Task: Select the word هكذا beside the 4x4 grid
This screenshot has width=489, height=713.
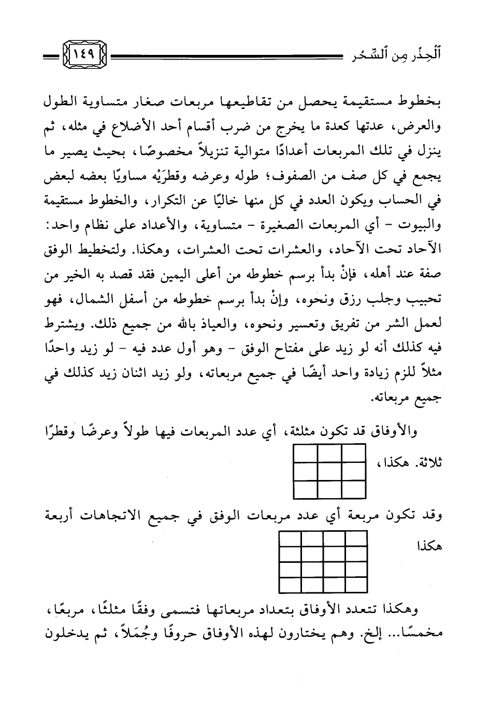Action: tap(427, 545)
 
